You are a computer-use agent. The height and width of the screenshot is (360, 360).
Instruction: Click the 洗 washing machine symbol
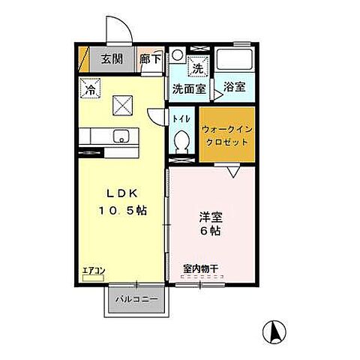tap(196, 67)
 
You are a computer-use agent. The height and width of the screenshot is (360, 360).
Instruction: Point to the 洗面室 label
tap(189, 88)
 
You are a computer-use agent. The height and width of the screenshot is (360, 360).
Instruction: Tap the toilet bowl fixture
tap(181, 140)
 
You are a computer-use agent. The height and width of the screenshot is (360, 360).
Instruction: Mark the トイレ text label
tap(181, 118)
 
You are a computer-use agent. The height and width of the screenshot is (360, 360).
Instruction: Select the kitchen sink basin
tap(119, 136)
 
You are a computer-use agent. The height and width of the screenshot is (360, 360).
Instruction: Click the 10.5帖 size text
tap(121, 211)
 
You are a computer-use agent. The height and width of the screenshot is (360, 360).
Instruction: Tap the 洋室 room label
tap(210, 217)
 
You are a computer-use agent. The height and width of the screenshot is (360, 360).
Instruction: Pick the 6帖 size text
tap(210, 232)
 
